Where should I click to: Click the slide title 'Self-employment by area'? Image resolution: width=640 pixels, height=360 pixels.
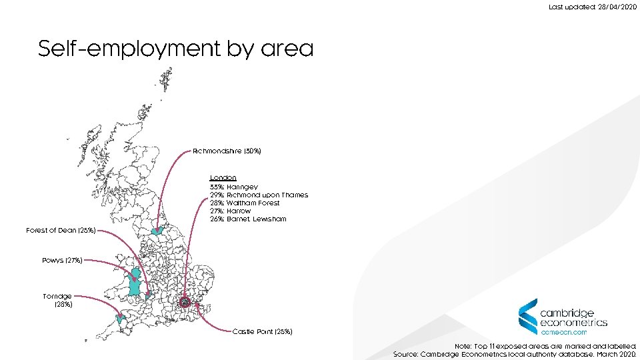[175, 49]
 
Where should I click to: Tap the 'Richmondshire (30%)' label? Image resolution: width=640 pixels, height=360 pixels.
[227, 151]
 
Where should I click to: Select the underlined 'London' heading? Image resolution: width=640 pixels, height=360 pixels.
[223, 178]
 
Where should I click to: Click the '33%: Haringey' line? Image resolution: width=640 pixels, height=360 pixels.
[233, 187]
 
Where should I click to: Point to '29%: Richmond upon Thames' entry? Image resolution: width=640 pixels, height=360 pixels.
[259, 195]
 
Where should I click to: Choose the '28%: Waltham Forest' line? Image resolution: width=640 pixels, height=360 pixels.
[245, 203]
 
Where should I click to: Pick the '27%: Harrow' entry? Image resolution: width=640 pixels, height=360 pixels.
[230, 211]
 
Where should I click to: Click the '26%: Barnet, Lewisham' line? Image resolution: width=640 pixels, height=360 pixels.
[247, 219]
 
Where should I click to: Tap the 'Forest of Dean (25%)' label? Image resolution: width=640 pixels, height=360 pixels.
[61, 230]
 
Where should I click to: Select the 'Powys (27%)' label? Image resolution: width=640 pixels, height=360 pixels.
[62, 260]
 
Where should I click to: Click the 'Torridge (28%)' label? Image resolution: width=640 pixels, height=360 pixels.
[57, 300]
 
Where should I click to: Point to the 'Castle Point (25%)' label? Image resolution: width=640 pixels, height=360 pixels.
[262, 331]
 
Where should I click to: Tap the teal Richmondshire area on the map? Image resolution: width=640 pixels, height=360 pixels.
[158, 231]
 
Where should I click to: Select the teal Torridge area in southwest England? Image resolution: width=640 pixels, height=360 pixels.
[121, 319]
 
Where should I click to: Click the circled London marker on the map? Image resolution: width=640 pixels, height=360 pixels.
[185, 304]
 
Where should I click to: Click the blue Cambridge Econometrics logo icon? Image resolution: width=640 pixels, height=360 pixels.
[528, 316]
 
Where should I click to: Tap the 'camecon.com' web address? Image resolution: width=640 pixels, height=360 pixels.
[563, 331]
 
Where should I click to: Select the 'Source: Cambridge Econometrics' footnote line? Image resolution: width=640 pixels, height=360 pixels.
[515, 355]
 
